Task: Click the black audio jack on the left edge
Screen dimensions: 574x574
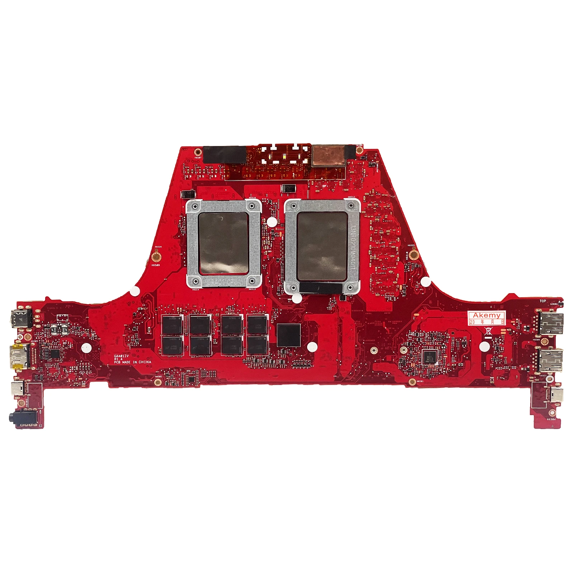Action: click(x=16, y=417)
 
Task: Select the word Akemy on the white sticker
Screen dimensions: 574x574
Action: click(x=486, y=315)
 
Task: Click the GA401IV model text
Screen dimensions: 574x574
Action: click(x=121, y=356)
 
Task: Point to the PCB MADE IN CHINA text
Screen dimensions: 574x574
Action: click(x=132, y=362)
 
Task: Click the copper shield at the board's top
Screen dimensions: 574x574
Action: click(x=329, y=156)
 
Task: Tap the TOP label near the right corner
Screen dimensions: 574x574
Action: click(x=543, y=301)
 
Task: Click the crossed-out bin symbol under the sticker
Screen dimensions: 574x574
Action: click(x=488, y=331)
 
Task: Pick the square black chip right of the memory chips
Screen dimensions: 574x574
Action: click(x=289, y=335)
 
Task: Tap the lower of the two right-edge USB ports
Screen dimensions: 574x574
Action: click(x=551, y=360)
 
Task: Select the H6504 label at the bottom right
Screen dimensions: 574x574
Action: click(x=551, y=419)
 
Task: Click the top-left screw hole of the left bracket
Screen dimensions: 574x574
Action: click(x=194, y=206)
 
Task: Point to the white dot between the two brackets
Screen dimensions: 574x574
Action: click(x=272, y=222)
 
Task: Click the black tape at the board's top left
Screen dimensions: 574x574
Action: click(x=225, y=154)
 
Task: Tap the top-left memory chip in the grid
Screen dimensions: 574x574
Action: click(x=173, y=325)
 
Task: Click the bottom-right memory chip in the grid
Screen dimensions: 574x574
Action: click(x=258, y=345)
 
